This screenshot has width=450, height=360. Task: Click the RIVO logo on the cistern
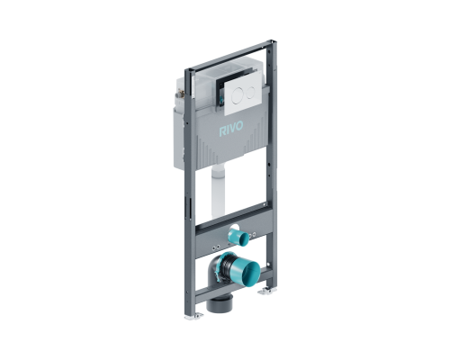pos(231,129)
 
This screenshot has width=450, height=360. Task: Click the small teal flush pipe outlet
pos(241,237)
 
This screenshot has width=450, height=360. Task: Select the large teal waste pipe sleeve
pos(247,270)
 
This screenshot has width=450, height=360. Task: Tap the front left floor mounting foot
pos(193,316)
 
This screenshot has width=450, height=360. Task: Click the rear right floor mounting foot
pos(266,291)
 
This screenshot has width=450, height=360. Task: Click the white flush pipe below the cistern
pos(218,191)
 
